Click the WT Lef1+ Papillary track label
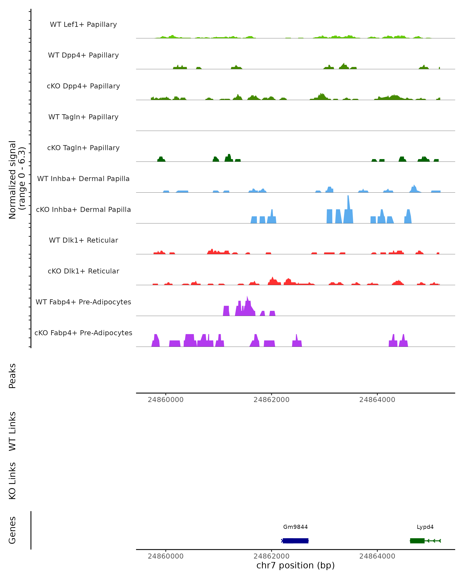tap(83, 25)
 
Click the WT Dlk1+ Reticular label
tap(83, 240)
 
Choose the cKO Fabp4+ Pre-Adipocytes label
tap(83, 333)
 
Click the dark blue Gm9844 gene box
tap(295, 541)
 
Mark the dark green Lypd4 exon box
tap(417, 541)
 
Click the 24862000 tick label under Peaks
tap(271, 400)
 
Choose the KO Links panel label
tap(12, 481)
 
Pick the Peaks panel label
tap(12, 376)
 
